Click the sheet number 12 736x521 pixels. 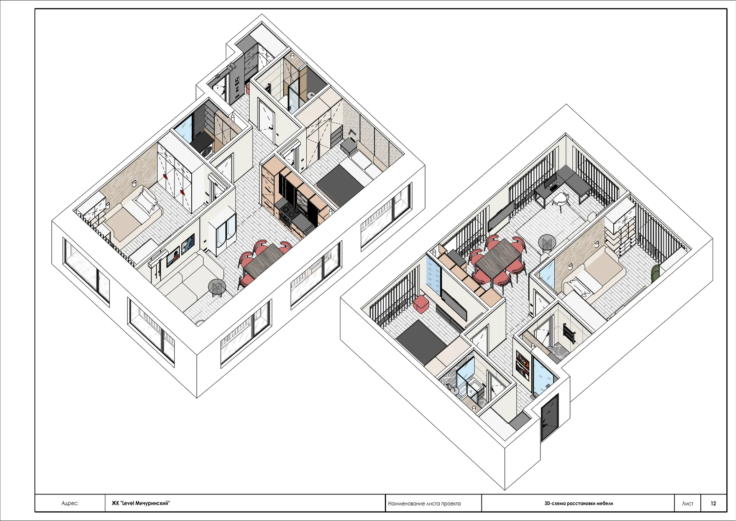pos(713,503)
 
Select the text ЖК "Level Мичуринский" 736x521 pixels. pos(141,503)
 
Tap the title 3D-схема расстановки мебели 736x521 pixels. pos(578,503)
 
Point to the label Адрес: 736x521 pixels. pos(70,503)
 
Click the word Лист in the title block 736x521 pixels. pos(687,503)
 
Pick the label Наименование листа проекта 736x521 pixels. pos(424,503)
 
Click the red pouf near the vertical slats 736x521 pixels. pos(421,303)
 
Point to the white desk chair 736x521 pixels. pos(561,200)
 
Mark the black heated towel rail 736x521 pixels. pos(569,333)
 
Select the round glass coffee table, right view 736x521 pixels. pos(547,242)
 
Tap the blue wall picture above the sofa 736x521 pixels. pos(188,243)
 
